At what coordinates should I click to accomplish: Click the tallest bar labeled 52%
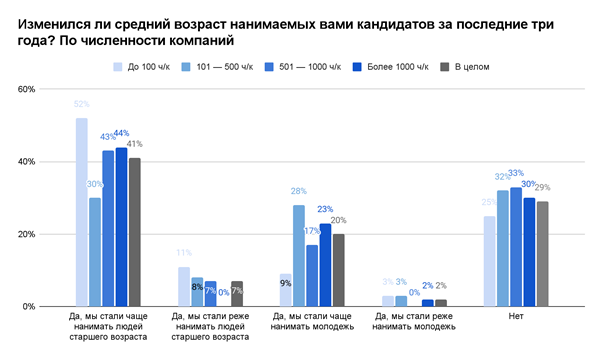(x=81, y=212)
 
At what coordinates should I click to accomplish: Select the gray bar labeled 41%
(x=134, y=232)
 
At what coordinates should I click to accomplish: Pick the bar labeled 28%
(x=299, y=256)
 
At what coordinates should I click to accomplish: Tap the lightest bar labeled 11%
(x=184, y=287)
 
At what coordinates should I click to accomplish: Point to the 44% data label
(x=121, y=133)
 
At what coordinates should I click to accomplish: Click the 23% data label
(x=325, y=209)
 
